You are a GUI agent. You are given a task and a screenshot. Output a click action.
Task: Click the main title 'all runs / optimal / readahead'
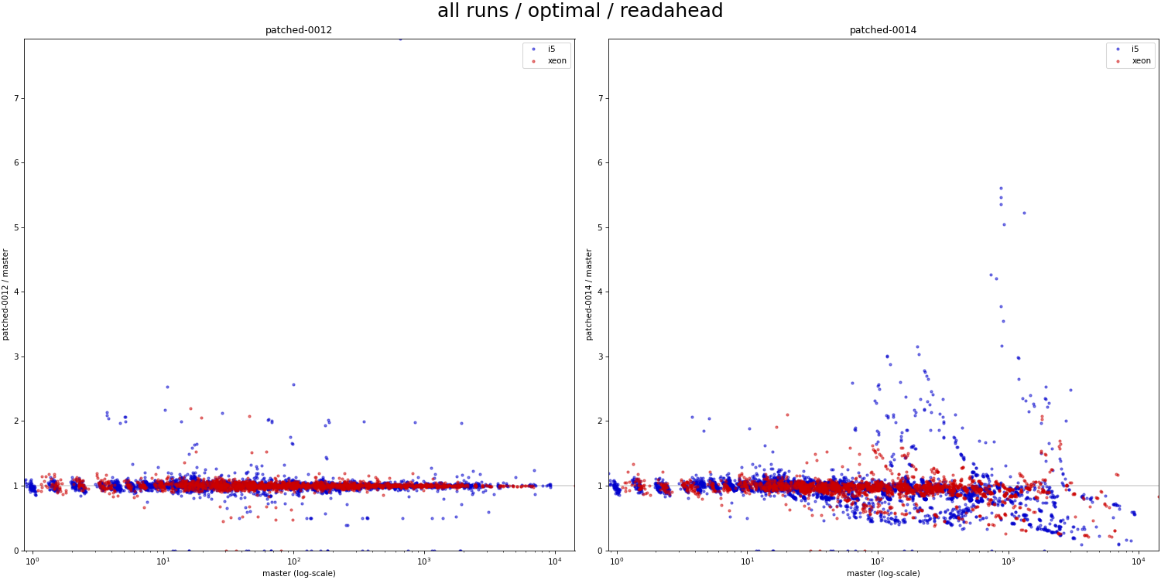pyautogui.click(x=580, y=12)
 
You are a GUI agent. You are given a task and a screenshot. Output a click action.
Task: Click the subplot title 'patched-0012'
pyautogui.click(x=299, y=30)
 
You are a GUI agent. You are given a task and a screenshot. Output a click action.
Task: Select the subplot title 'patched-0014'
pyautogui.click(x=882, y=30)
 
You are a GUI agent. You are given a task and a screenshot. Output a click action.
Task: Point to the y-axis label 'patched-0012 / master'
pyautogui.click(x=6, y=295)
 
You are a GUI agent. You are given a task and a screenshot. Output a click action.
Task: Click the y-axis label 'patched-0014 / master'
pyautogui.click(x=590, y=295)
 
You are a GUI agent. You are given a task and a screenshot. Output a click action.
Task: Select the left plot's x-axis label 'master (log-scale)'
pyautogui.click(x=299, y=573)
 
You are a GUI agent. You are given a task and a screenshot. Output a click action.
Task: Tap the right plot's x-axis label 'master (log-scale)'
pyautogui.click(x=882, y=573)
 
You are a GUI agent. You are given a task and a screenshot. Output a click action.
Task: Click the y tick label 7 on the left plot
pyautogui.click(x=15, y=98)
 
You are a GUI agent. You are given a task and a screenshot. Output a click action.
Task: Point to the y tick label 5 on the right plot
pyautogui.click(x=600, y=227)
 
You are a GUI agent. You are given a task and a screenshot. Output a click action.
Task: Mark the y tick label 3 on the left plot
pyautogui.click(x=15, y=357)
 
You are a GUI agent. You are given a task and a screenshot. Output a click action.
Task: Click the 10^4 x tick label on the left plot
pyautogui.click(x=555, y=561)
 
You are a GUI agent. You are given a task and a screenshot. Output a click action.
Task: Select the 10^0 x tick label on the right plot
pyautogui.click(x=617, y=561)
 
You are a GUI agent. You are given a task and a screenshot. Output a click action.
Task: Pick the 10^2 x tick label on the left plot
pyautogui.click(x=293, y=561)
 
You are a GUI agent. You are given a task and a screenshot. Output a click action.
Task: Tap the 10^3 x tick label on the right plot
pyautogui.click(x=1009, y=561)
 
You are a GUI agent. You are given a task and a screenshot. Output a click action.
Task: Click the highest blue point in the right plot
pyautogui.click(x=1000, y=188)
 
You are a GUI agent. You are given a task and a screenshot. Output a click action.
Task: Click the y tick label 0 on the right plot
pyautogui.click(x=600, y=551)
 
